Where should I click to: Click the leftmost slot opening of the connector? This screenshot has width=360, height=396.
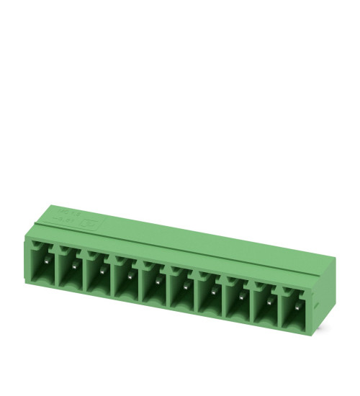[43, 262]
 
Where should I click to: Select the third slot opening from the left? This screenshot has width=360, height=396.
[99, 271]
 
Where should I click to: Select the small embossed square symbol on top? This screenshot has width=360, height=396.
[92, 225]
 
